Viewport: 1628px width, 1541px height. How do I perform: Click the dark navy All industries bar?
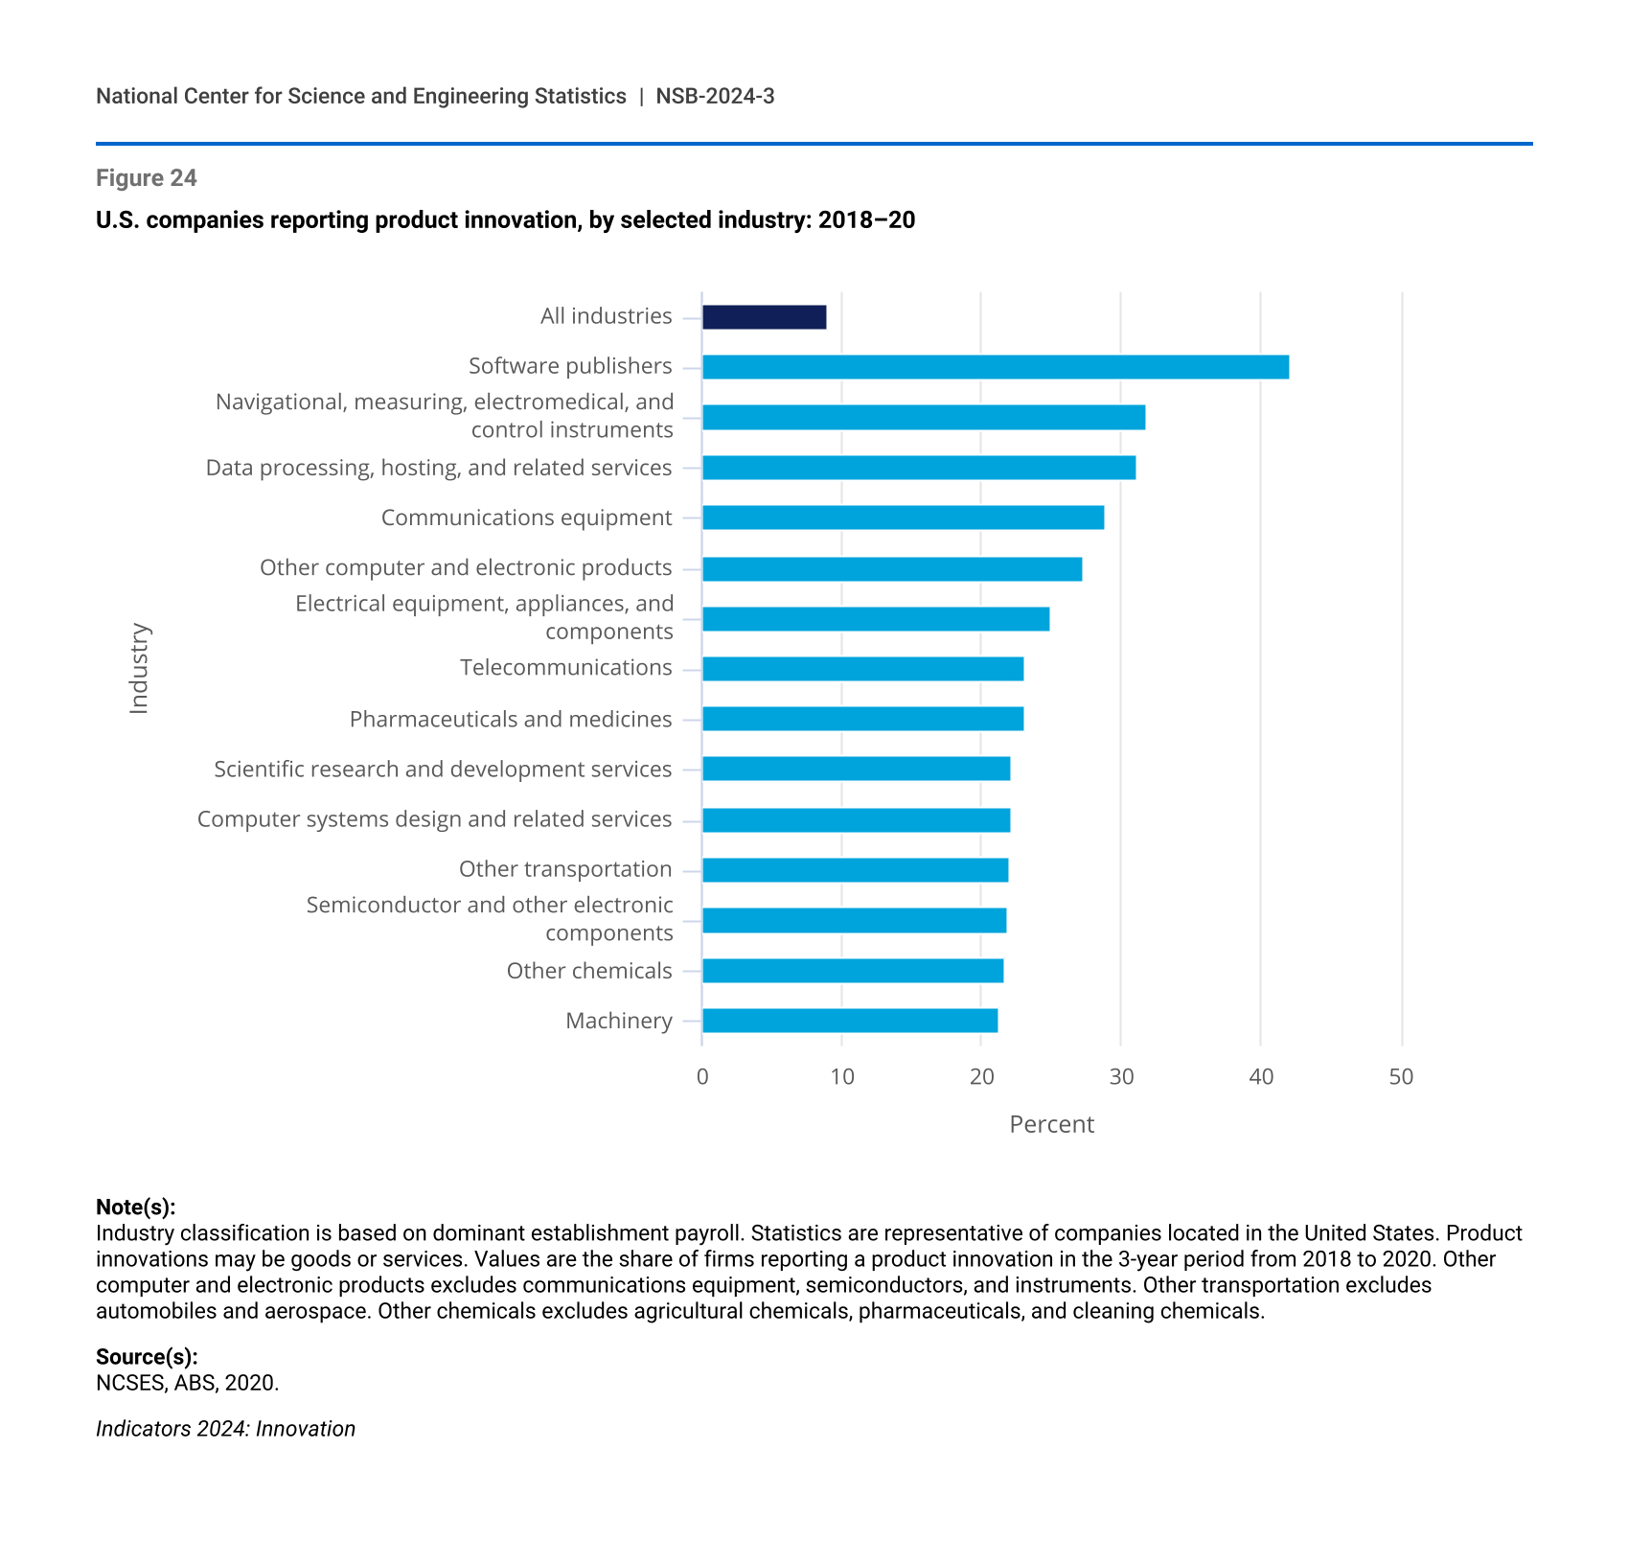(764, 317)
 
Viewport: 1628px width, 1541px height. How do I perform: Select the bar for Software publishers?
(995, 367)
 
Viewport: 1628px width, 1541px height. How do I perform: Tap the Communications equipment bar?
(903, 517)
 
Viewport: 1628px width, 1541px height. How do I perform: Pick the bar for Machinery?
(850, 1021)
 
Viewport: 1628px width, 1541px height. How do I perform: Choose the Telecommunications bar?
(862, 669)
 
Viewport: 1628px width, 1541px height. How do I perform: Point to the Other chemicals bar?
(853, 971)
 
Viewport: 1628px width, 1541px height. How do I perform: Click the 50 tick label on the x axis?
(1401, 1077)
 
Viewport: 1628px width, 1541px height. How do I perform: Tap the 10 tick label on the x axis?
(842, 1077)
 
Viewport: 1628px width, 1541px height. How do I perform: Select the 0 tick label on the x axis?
(702, 1077)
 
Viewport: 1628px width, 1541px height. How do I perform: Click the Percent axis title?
(1051, 1124)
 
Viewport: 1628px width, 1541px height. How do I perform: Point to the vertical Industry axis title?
(139, 668)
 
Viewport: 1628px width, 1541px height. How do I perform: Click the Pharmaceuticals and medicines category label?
(511, 719)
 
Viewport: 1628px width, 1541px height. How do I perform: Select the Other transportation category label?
(565, 869)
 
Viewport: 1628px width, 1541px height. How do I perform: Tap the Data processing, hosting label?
(439, 468)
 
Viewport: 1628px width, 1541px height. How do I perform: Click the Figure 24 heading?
(147, 178)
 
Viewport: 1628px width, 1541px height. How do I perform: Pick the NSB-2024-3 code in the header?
(715, 96)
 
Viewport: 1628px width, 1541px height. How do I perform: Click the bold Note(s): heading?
(136, 1207)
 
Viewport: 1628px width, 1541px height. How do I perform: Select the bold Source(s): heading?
(147, 1357)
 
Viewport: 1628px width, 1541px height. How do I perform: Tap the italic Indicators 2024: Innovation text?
(225, 1429)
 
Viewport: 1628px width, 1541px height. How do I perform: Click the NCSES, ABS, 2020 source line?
(188, 1383)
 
